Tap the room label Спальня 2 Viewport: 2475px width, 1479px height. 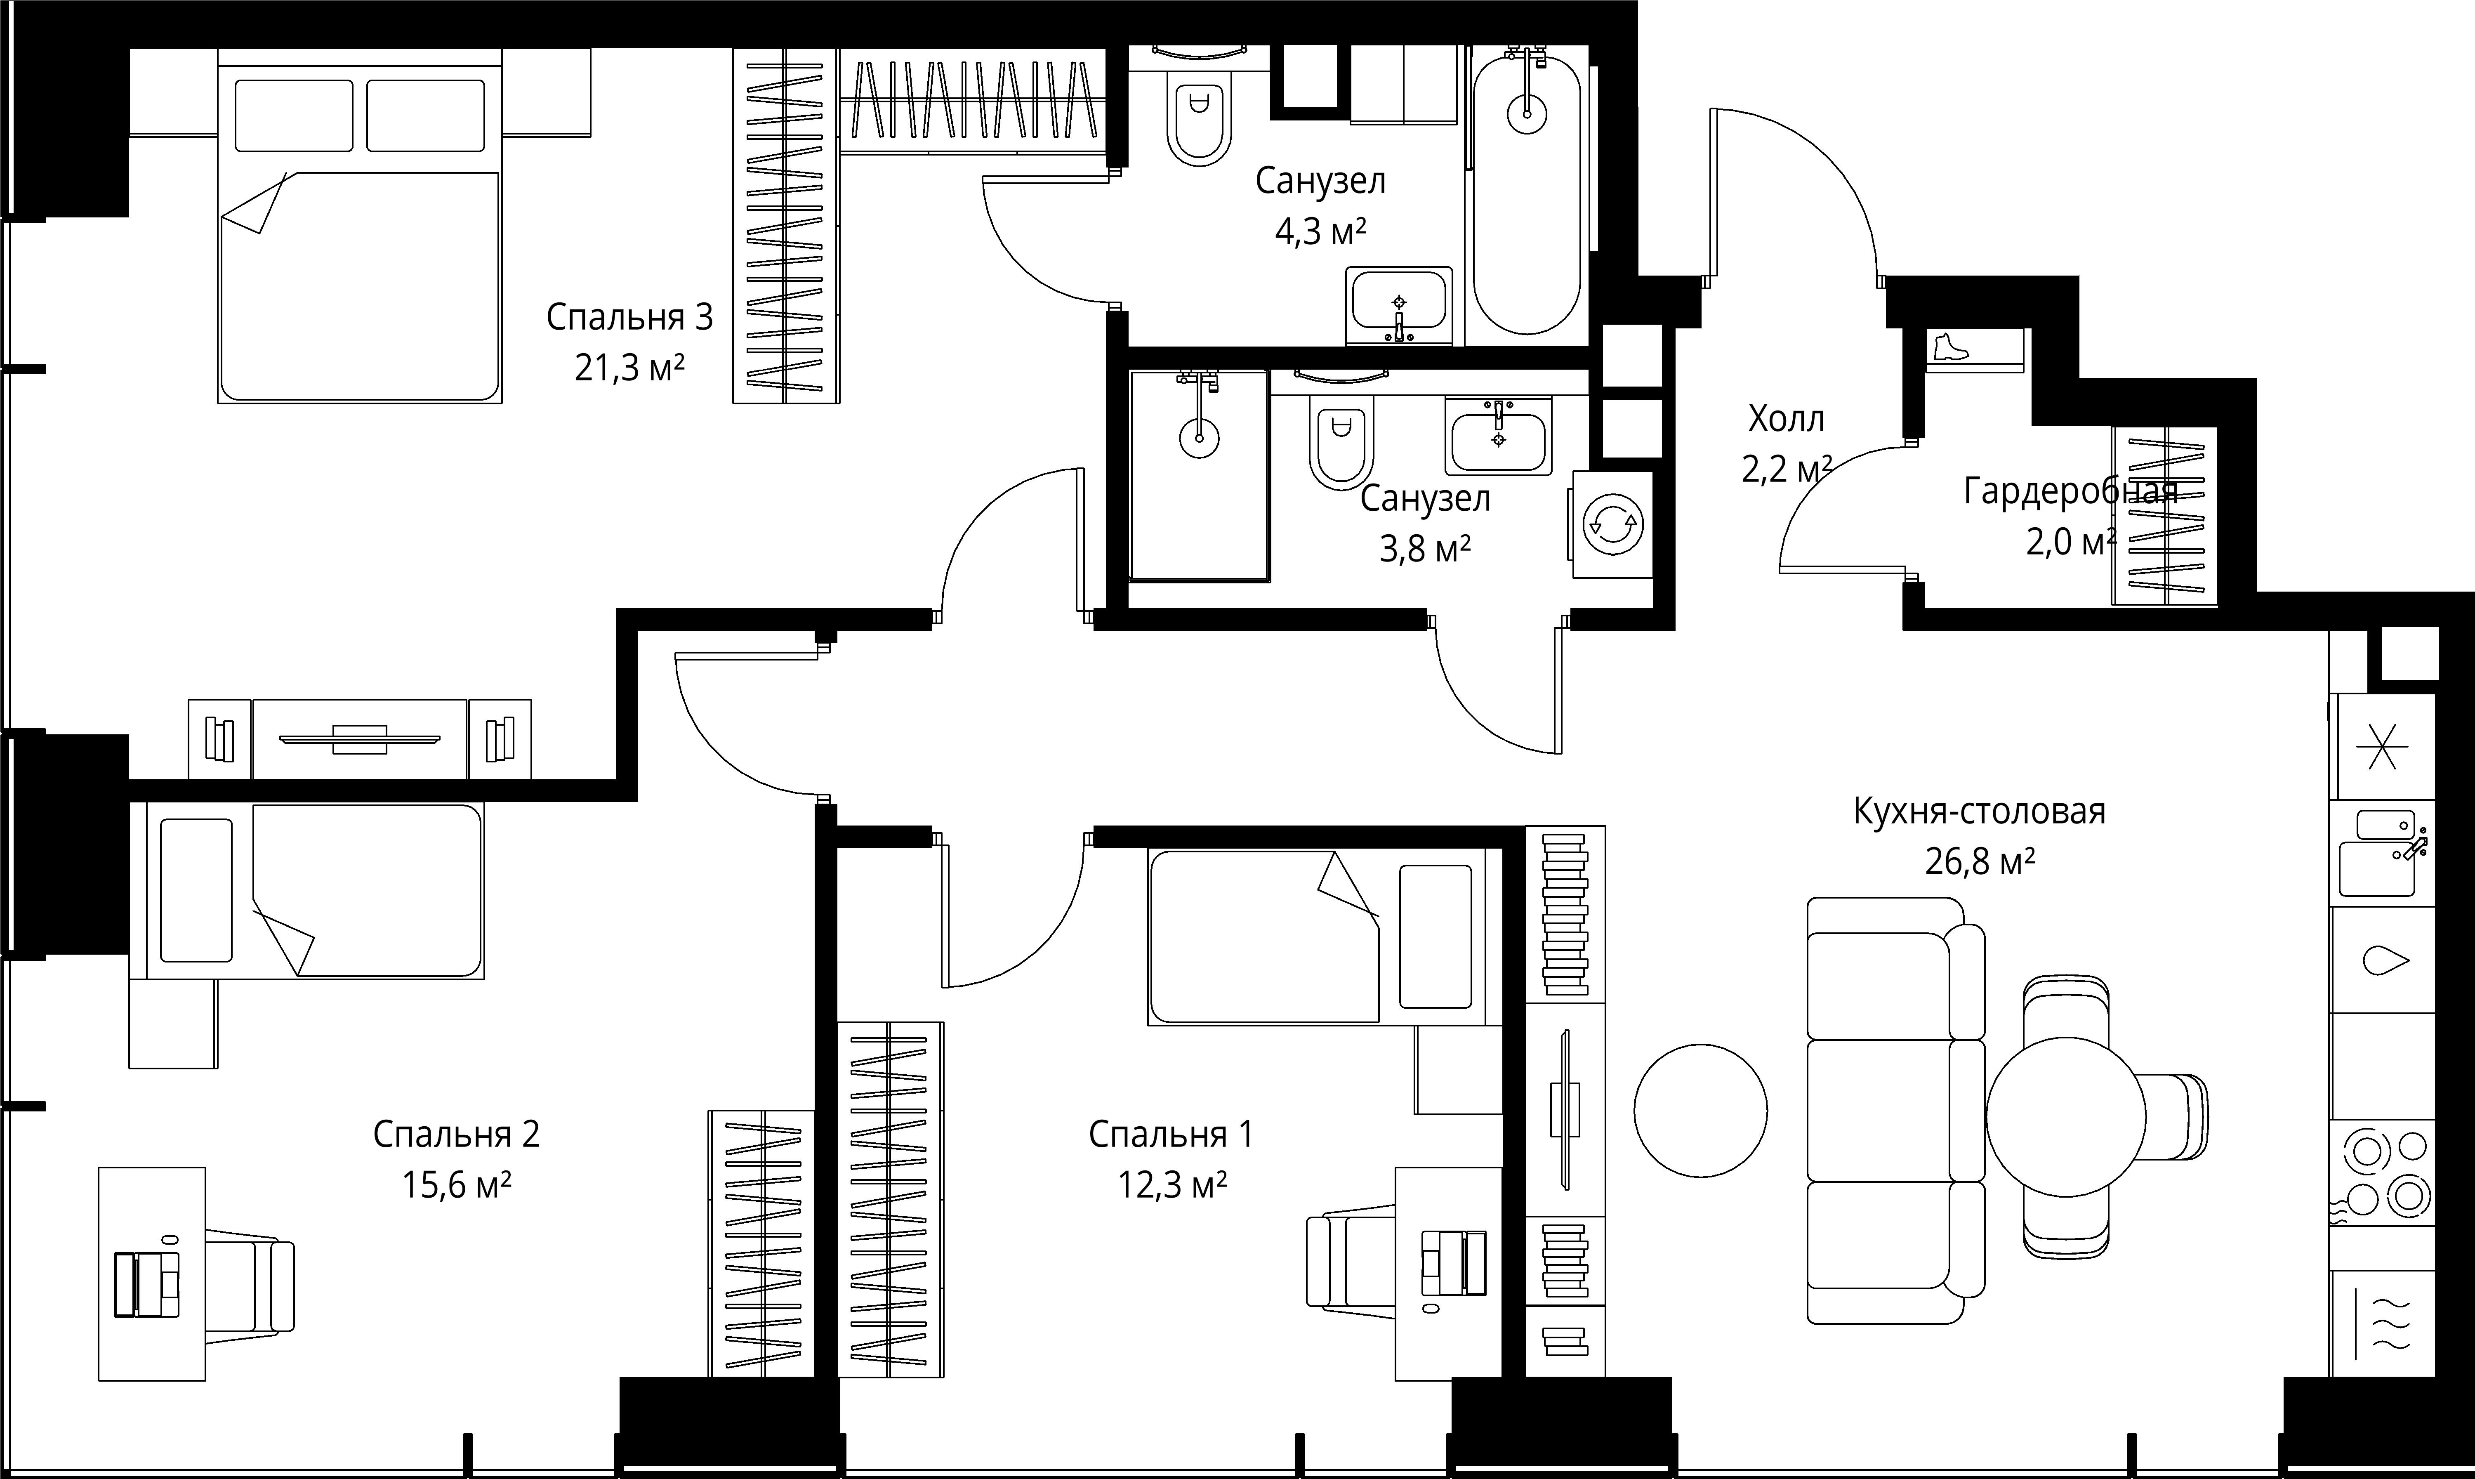tap(456, 1134)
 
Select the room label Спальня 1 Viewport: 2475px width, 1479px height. tap(1171, 1134)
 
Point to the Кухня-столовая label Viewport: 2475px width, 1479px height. tap(1979, 811)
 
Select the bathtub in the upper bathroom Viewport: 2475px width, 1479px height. tap(1526, 194)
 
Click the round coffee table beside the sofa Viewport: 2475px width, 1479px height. tap(1701, 1110)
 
